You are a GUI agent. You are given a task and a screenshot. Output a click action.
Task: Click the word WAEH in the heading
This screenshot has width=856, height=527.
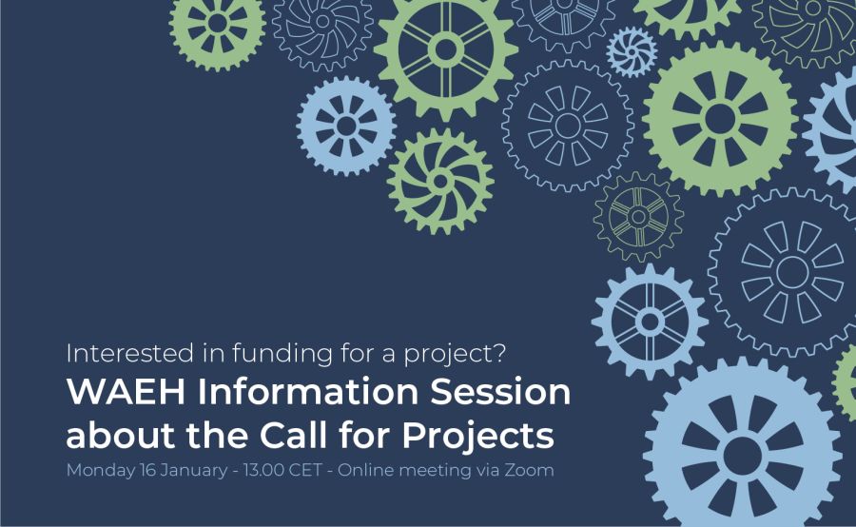click(126, 392)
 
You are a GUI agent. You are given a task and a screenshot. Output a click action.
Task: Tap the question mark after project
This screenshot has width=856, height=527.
click(499, 353)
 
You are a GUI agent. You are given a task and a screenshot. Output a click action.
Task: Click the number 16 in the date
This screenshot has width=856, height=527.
click(148, 470)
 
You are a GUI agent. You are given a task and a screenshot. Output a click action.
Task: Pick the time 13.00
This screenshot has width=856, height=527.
click(263, 470)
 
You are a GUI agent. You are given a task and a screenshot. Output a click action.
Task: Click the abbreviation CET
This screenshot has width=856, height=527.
click(305, 470)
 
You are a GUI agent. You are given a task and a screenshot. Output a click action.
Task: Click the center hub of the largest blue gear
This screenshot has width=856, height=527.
click(743, 455)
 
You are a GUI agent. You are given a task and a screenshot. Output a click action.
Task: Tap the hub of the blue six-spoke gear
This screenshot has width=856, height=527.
click(650, 322)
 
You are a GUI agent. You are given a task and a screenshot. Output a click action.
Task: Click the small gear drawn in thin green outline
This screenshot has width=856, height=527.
click(638, 217)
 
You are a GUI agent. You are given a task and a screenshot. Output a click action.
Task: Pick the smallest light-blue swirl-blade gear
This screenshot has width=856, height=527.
click(632, 52)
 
